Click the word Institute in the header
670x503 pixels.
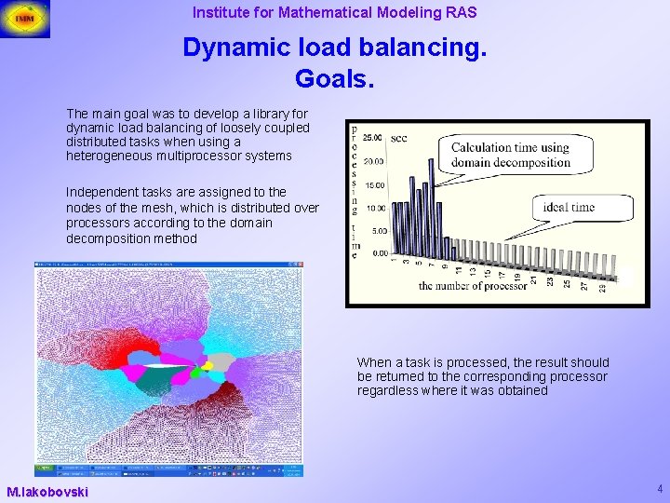tap(221, 13)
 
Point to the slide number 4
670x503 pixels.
tap(659, 488)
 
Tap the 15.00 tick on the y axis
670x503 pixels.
tap(374, 184)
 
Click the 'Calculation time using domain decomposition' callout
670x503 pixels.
tap(510, 155)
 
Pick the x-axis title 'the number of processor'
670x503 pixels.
tap(473, 286)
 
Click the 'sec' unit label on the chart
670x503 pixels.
tap(398, 138)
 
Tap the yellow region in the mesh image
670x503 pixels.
tap(208, 365)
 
